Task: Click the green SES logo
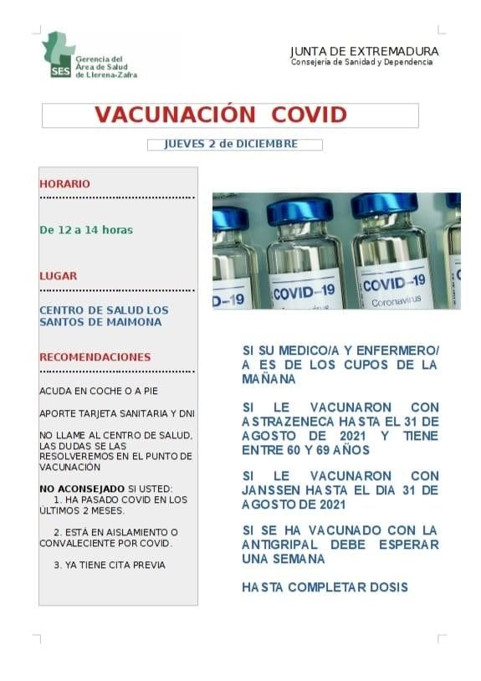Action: coord(59,55)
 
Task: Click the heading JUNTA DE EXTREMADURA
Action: coord(364,51)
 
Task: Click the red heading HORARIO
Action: coord(64,184)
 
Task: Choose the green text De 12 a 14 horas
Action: coord(86,229)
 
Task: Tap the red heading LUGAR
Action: coord(58,275)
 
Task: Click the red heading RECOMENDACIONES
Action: coord(95,357)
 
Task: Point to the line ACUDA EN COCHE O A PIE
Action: coord(98,391)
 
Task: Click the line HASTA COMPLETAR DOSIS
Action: coord(325,587)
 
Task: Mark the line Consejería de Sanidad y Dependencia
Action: coord(361,63)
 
